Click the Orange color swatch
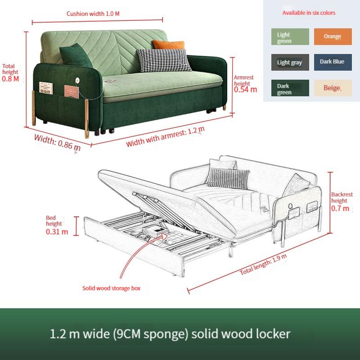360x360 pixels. [332, 37]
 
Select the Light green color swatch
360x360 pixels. [290, 37]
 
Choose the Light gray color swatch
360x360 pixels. [290, 62]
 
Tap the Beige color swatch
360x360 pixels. [332, 88]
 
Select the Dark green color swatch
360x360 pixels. [290, 88]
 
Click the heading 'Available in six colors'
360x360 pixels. [309, 13]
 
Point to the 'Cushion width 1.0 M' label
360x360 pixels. [93, 13]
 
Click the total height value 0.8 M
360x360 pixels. [10, 79]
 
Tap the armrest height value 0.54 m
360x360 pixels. [245, 90]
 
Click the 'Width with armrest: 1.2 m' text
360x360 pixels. [165, 137]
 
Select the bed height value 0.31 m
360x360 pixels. [57, 232]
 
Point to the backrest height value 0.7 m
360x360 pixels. [340, 208]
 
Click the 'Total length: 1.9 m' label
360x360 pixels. [263, 265]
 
